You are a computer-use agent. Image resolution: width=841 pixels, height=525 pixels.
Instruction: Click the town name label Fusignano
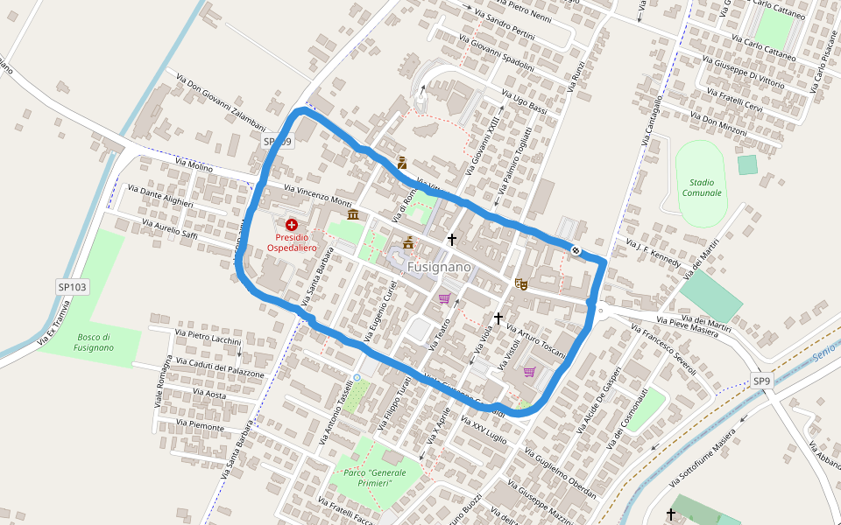click(439, 266)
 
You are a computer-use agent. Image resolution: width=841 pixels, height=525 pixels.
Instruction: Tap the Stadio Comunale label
click(702, 187)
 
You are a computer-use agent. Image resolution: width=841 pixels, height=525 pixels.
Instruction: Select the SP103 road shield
click(73, 286)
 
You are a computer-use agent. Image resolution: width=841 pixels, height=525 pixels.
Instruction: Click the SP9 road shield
click(761, 381)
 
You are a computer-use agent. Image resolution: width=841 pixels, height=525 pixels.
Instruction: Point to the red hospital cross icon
click(291, 225)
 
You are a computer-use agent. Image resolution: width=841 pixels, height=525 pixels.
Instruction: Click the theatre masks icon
click(521, 283)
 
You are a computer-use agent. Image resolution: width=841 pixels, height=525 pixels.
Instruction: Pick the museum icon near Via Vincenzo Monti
click(352, 214)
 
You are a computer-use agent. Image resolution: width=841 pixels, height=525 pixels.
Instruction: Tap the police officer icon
click(402, 162)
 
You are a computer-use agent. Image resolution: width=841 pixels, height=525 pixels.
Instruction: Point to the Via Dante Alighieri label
click(160, 195)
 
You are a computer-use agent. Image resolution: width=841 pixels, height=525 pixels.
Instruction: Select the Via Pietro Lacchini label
click(208, 339)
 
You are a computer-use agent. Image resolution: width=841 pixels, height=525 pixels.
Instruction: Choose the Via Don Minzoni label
click(718, 122)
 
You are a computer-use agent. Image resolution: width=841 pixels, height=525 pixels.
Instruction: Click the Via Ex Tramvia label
click(53, 325)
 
